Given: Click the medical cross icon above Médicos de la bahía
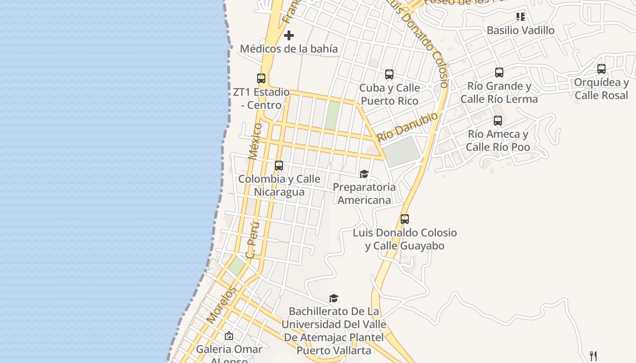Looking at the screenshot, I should pos(288,35).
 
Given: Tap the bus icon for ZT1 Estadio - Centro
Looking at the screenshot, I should pos(261,78).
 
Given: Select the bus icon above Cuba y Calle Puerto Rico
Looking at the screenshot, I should pos(389,74).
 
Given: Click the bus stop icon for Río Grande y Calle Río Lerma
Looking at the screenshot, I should pos(499,73).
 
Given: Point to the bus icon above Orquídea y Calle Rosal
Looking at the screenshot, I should pos(601,69).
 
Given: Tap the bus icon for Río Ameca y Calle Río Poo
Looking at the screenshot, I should pos(497,121).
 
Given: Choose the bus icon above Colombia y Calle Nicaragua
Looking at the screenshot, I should pos(279,166).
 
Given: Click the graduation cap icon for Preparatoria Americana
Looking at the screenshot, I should pos(364,174).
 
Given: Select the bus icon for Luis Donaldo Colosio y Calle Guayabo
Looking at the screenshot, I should pos(404,219).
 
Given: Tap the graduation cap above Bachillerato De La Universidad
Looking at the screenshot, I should pos(333,298).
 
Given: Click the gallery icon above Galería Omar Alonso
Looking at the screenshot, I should pos(229,336).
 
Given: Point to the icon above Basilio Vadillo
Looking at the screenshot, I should pos(520,17).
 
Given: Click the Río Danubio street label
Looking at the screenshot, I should pos(407,126).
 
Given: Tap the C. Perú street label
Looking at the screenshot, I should pos(253,240).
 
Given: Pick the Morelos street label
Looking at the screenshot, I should pos(222,304).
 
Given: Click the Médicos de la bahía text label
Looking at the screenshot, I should pos(288,49).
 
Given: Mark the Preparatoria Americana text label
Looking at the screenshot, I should pos(364,193).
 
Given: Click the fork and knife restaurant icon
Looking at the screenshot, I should pos(592,355).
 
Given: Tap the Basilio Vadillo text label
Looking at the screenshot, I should pos(520,30).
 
